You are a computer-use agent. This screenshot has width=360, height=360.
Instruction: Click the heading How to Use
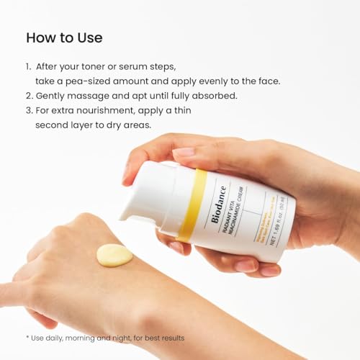pyautogui.click(x=64, y=37)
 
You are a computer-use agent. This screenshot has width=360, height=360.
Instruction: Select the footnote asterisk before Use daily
pyautogui.click(x=27, y=337)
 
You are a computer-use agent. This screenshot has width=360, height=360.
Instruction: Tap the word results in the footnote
pyautogui.click(x=169, y=338)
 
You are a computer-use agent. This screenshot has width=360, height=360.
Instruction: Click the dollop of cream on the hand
pyautogui.click(x=114, y=255)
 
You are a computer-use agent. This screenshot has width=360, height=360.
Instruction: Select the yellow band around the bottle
pyautogui.click(x=191, y=205)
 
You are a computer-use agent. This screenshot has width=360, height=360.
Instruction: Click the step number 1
pyautogui.click(x=28, y=66)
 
